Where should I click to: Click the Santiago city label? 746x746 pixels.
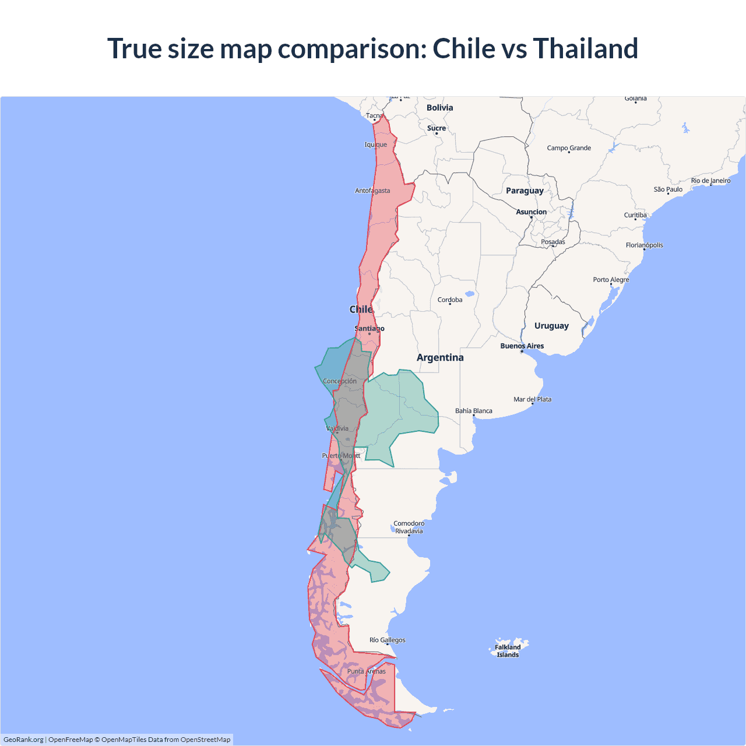(370, 329)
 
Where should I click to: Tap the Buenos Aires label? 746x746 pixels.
(522, 346)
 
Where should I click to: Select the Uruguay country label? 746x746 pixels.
(551, 326)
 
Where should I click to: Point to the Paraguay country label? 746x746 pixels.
(525, 191)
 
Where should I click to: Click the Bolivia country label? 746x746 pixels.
(439, 108)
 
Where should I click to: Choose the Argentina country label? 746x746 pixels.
(440, 357)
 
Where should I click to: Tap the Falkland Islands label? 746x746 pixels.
(508, 651)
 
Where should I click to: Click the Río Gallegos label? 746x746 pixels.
(388, 640)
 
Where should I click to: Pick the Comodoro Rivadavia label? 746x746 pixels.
(409, 527)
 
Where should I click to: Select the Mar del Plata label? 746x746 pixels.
(532, 399)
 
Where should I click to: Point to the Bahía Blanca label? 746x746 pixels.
(474, 411)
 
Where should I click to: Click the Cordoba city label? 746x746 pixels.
(450, 300)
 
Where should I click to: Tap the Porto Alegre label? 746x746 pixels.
(611, 280)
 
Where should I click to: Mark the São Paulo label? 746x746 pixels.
(668, 189)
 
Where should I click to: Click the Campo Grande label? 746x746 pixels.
(569, 148)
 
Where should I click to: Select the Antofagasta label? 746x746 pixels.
(372, 191)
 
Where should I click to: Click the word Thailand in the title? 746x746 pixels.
(585, 48)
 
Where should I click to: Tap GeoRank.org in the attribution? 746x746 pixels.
(23, 740)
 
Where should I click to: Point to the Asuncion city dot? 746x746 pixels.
(531, 217)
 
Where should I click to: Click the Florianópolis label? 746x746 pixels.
(644, 245)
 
